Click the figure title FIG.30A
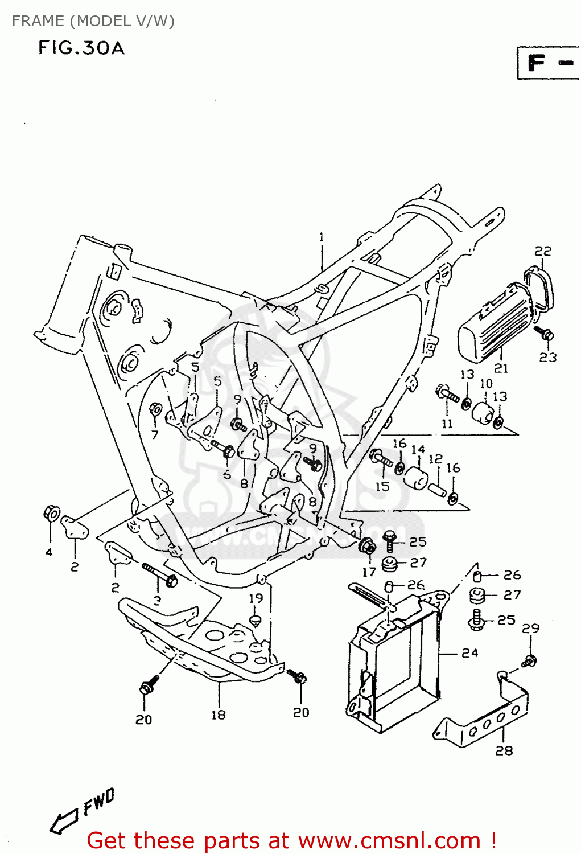81,48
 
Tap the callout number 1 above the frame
322,237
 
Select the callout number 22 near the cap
543,251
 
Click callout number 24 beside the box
469,653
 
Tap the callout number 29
530,629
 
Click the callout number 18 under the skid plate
219,715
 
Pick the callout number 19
256,598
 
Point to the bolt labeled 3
160,574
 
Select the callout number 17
369,572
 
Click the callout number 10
486,384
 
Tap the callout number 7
154,434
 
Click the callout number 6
227,474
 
